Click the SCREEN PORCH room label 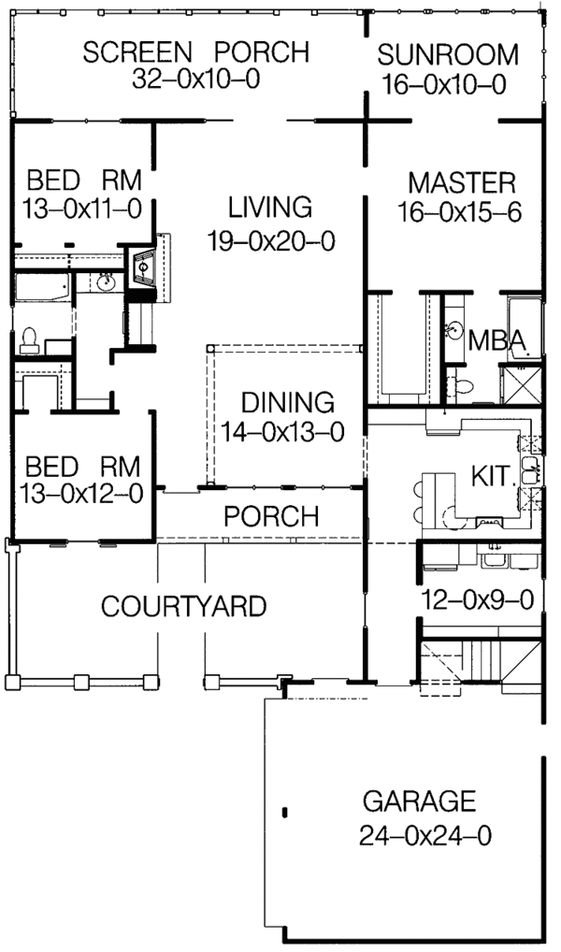tap(195, 52)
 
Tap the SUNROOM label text tap(448, 54)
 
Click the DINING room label tap(287, 403)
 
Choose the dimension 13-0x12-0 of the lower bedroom tap(84, 495)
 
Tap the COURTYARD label tap(182, 607)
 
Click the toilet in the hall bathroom tap(27, 337)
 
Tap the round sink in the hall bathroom tap(105, 280)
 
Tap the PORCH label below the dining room tap(271, 515)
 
